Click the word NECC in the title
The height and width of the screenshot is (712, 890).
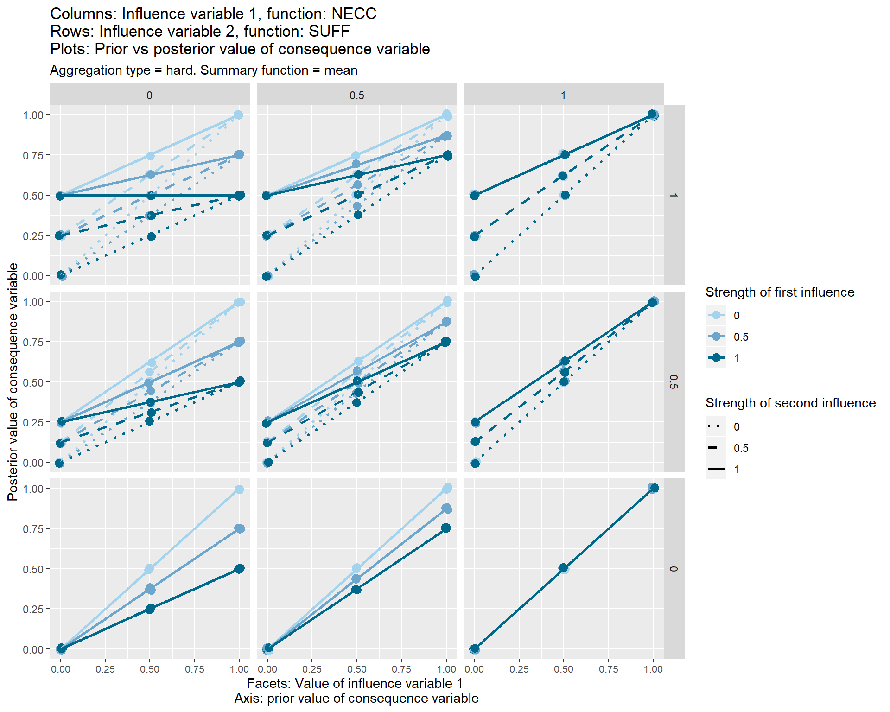(x=354, y=14)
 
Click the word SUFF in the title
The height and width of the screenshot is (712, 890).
(x=329, y=32)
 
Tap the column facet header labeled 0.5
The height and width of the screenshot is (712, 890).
(x=356, y=95)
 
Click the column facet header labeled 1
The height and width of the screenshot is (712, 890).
(x=563, y=95)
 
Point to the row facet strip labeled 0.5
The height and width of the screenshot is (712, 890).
(x=674, y=382)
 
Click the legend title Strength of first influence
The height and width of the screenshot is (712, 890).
(x=780, y=292)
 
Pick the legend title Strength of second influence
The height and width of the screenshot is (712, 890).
(x=790, y=403)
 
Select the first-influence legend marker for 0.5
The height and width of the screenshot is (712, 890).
(x=716, y=337)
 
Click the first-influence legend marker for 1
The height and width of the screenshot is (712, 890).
(x=716, y=358)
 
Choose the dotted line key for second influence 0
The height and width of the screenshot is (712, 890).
(x=716, y=426)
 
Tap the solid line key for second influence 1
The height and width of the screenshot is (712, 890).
(x=716, y=470)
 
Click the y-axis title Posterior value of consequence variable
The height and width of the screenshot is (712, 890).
(x=13, y=382)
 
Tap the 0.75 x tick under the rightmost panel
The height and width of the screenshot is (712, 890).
(x=608, y=669)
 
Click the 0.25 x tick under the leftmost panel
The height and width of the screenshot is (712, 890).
(x=105, y=669)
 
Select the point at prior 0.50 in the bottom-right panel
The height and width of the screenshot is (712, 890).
(x=563, y=568)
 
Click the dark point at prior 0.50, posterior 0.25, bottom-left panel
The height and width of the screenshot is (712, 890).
(x=150, y=609)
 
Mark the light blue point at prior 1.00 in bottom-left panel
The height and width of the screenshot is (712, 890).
(x=239, y=489)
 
